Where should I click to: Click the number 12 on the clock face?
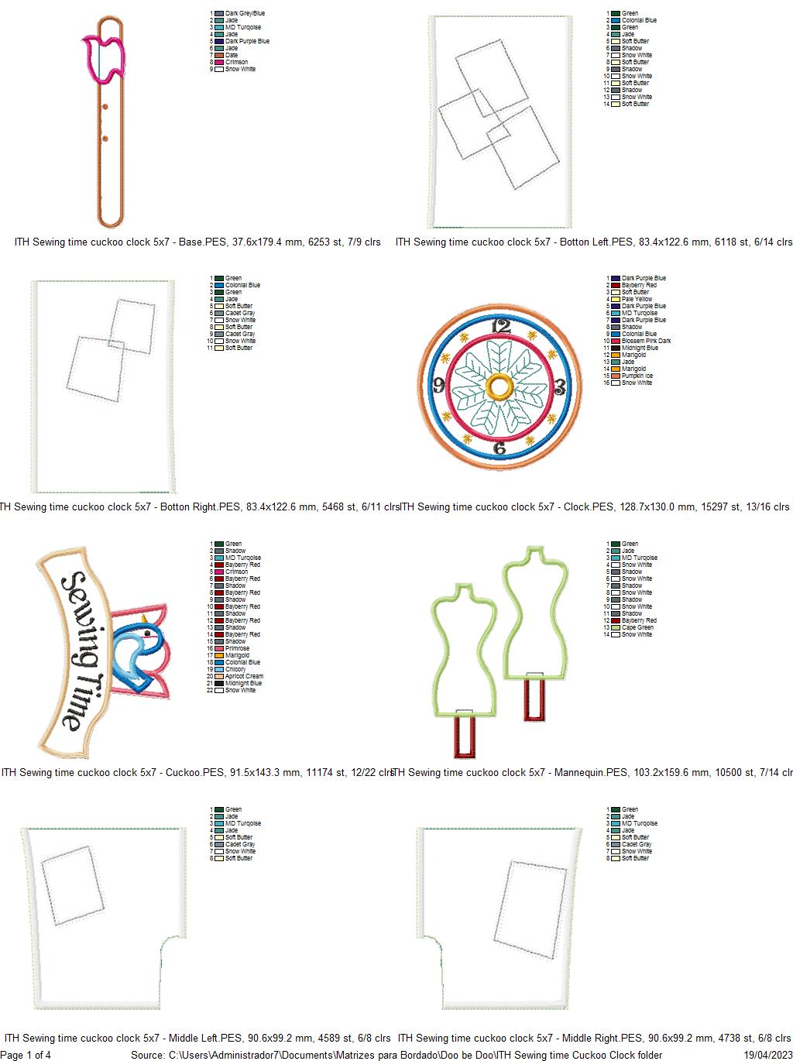pos(502,326)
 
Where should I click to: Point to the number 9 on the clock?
pos(439,384)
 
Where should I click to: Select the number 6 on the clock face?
pos(499,448)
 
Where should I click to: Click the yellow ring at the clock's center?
pos(499,385)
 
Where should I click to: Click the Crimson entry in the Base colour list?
pos(236,62)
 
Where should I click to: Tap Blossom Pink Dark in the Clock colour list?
pos(646,341)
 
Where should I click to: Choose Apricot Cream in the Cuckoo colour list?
pos(244,676)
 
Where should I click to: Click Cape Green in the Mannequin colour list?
pos(637,627)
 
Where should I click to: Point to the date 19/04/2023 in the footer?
pos(767,1055)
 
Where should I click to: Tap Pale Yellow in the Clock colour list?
pos(637,299)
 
